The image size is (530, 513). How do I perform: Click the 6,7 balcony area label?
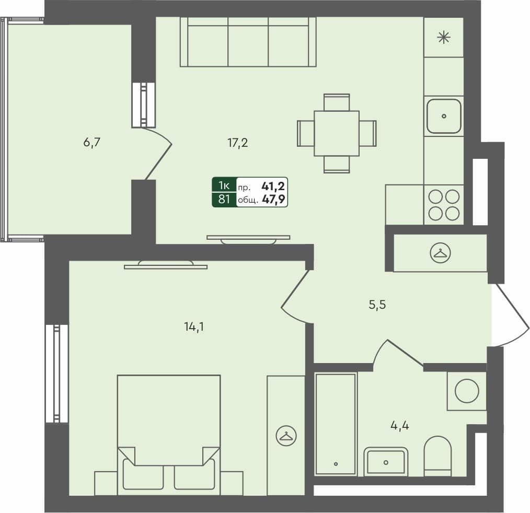91,143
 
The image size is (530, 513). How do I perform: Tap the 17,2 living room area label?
238,143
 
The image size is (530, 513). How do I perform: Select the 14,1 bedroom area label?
194,327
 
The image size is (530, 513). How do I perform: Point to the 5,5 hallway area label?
377,305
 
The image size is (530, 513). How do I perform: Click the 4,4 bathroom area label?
399,425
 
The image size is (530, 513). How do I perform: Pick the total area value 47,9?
273,199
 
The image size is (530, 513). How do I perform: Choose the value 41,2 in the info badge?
273,186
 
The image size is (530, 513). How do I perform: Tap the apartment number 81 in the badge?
224,199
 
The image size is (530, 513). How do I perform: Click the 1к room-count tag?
224,185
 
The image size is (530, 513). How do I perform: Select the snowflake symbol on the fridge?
444,37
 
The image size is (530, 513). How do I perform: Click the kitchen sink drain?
444,116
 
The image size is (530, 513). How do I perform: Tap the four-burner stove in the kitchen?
444,205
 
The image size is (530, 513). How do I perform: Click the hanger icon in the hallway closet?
441,253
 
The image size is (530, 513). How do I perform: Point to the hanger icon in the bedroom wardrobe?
286,436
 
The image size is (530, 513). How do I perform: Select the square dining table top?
337,133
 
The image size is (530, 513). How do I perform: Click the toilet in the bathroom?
437,456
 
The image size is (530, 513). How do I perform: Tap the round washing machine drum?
467,391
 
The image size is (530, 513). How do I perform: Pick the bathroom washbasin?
386,462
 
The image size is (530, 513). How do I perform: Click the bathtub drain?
336,464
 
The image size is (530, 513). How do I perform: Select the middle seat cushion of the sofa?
248,45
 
